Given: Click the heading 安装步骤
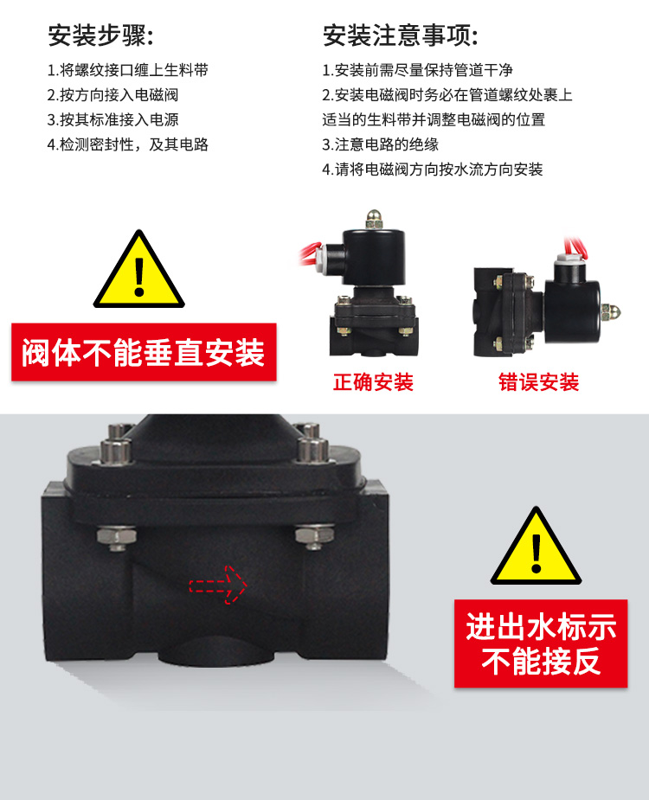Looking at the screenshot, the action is click(x=100, y=35).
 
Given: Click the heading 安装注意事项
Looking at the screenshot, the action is click(x=401, y=35).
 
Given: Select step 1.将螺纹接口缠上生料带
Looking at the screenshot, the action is click(x=128, y=70).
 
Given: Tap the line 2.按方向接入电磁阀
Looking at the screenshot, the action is click(x=112, y=95).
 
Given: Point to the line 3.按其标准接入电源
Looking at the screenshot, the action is click(x=112, y=119).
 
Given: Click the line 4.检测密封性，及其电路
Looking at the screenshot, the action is click(x=128, y=144).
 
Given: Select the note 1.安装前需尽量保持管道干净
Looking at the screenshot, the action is click(x=417, y=70).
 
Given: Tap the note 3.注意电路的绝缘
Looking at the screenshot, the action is click(x=381, y=144).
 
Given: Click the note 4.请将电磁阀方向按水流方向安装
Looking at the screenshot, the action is click(x=433, y=169).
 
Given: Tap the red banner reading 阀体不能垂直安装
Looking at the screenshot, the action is click(x=144, y=352).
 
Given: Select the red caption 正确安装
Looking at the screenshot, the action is click(x=373, y=382).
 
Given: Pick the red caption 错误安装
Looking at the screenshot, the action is click(x=539, y=382).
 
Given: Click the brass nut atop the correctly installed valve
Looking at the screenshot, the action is click(x=374, y=220).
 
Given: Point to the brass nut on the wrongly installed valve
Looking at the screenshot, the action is click(x=611, y=312).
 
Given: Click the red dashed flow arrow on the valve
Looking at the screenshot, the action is click(x=218, y=585).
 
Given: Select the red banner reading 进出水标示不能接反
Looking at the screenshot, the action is click(x=541, y=643).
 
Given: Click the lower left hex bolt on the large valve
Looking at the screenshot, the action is click(x=117, y=538).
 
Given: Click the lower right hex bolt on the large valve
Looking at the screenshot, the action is click(x=314, y=537).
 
